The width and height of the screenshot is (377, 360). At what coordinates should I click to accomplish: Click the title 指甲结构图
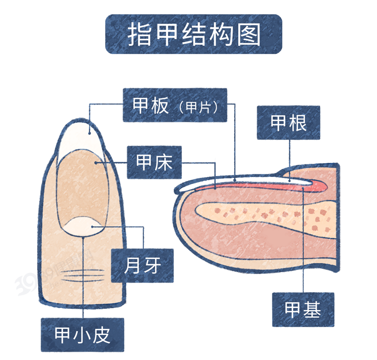tap(194, 34)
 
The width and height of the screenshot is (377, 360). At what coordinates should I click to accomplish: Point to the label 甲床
tap(154, 162)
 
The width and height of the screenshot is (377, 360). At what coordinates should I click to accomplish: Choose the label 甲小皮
tap(82, 334)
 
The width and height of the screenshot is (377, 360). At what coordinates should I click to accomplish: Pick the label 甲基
tap(303, 309)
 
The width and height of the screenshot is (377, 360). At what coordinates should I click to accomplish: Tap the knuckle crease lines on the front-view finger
tap(83, 276)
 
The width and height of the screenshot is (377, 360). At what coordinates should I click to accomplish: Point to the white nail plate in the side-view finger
tap(241, 182)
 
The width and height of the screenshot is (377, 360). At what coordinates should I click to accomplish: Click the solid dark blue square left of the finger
tap(25, 272)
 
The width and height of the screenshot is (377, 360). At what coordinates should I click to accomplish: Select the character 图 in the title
tap(249, 34)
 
